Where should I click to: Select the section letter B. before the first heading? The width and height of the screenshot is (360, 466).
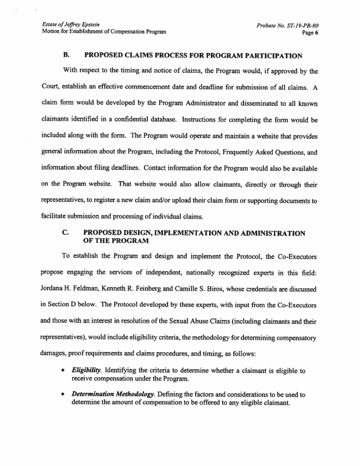click(x=67, y=56)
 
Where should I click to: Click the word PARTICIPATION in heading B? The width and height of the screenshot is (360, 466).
click(x=270, y=56)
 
